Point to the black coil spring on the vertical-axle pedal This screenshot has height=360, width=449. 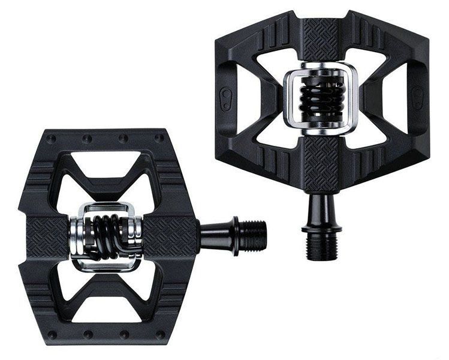(x=323, y=97)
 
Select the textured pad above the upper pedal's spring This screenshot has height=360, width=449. (x=323, y=40)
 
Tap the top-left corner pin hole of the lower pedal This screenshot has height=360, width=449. (x=52, y=139)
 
